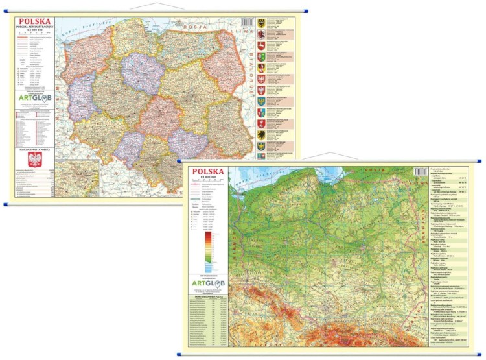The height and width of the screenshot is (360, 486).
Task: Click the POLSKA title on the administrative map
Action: pyautogui.click(x=34, y=21)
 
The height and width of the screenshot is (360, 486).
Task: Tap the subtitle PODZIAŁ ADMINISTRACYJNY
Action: pyautogui.click(x=34, y=27)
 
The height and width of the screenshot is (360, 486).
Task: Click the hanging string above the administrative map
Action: pyautogui.click(x=152, y=7)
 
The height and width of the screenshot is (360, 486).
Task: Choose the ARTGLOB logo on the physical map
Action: pyautogui.click(x=207, y=283)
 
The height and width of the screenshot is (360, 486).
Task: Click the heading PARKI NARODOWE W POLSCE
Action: pyautogui.click(x=207, y=297)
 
